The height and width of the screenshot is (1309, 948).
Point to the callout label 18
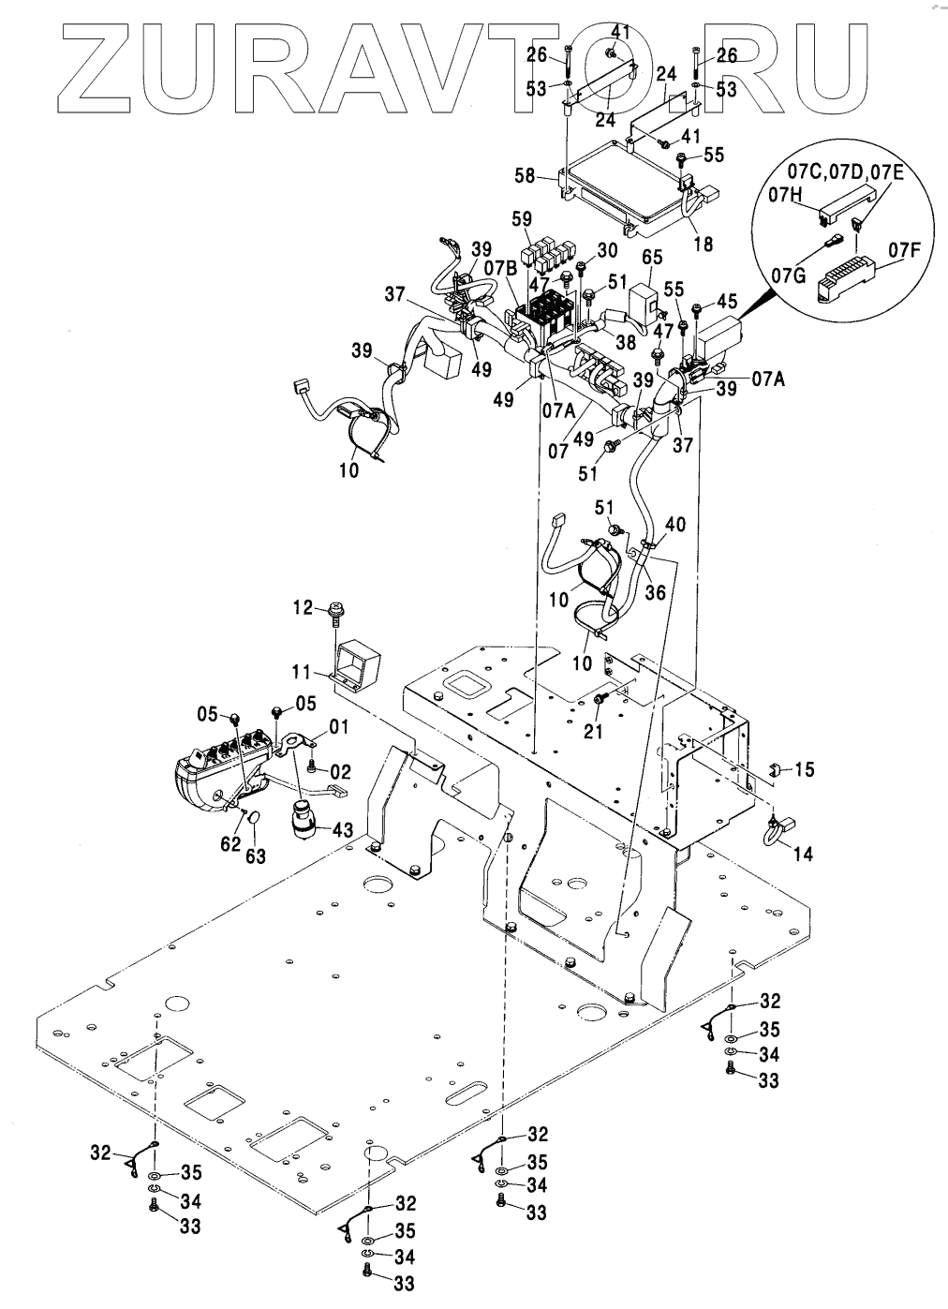[703, 244]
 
